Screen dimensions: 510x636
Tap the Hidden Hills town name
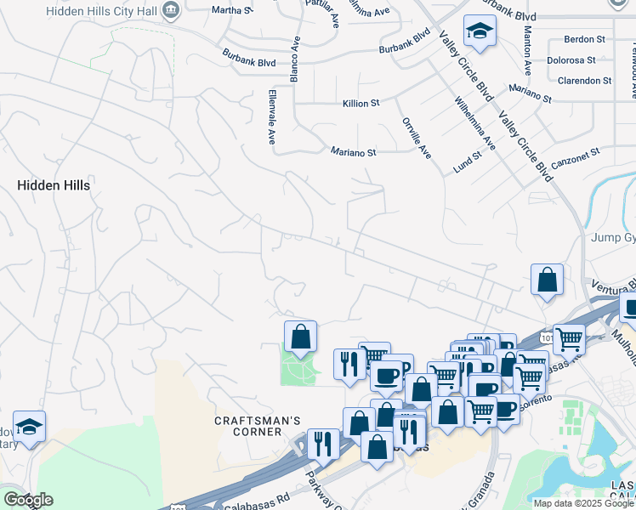click(54, 184)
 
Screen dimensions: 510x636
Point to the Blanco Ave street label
click(295, 60)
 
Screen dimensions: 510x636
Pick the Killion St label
click(361, 103)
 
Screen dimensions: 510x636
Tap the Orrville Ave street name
click(417, 138)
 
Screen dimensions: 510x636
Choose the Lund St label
click(468, 161)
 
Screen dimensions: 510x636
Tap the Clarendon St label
click(584, 81)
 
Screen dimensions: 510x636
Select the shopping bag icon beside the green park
click(300, 337)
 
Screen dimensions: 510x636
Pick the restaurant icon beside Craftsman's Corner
click(323, 444)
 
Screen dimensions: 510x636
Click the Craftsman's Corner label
click(247, 426)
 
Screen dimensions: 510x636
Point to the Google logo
click(27, 500)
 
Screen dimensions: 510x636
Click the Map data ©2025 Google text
click(582, 503)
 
